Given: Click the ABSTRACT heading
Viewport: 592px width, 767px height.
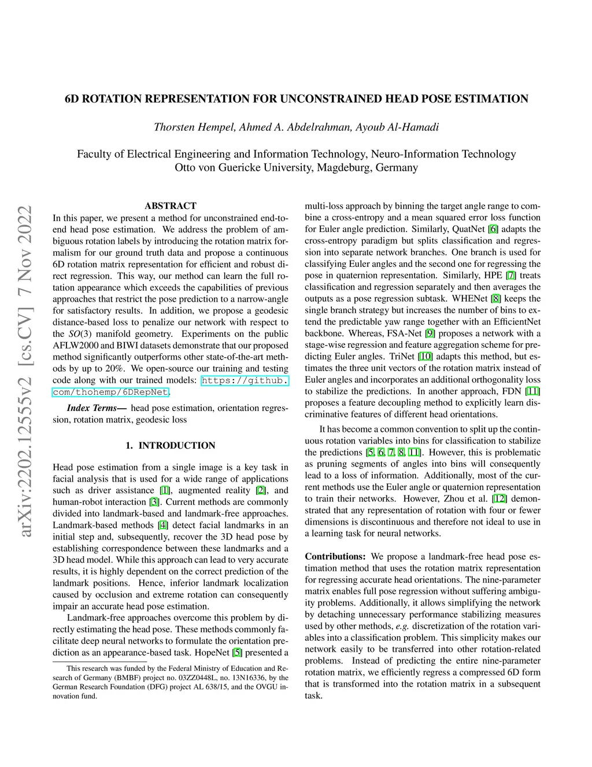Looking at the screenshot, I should point(171,205).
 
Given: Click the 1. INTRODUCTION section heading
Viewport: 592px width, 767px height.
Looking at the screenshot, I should point(171,445).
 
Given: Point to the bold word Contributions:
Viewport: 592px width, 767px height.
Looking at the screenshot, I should point(335,556).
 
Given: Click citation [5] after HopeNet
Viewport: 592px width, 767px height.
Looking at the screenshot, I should point(237,652).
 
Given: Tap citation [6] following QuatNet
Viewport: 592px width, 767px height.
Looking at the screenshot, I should point(493,229).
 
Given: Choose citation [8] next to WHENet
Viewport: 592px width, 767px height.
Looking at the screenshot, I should point(496,299).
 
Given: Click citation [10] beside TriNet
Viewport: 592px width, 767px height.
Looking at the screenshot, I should point(425,357).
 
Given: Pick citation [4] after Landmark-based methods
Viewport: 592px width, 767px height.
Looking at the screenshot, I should point(163,525).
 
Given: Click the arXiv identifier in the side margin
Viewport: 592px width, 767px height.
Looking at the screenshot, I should point(25,370).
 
